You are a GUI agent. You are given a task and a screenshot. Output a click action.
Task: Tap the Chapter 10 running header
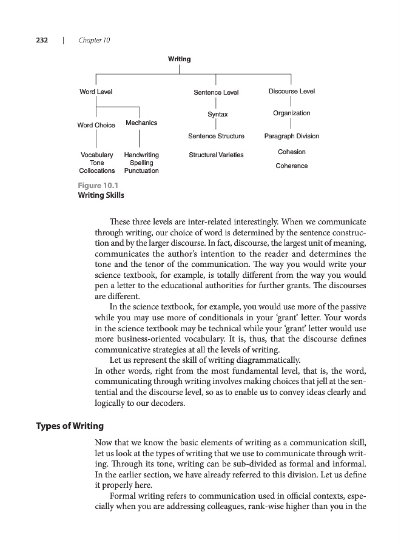(x=94, y=40)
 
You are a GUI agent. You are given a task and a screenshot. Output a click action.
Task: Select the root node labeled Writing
(x=179, y=59)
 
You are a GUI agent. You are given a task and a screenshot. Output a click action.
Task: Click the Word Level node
(x=96, y=92)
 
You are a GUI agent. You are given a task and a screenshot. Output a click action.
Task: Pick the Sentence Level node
(x=216, y=92)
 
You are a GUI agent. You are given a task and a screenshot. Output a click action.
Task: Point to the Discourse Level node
(x=292, y=92)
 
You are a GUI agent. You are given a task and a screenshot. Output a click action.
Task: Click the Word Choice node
(x=96, y=125)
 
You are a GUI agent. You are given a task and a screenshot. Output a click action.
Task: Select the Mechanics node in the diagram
(x=141, y=123)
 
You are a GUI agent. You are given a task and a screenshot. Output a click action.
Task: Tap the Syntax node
(x=217, y=114)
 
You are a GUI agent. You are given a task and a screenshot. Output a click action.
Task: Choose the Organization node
(x=292, y=113)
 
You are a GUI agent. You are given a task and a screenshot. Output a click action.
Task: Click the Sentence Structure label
(x=216, y=136)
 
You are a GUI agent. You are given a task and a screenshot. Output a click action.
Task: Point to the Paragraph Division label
(x=292, y=136)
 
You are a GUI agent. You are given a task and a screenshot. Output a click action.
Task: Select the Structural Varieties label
(x=216, y=155)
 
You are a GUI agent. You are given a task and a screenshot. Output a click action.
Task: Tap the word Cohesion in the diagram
(x=292, y=152)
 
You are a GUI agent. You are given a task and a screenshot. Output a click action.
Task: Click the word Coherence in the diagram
(x=292, y=166)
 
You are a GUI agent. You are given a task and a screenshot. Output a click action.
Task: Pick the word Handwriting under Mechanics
(x=141, y=155)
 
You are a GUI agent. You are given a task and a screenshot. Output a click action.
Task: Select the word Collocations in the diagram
(x=97, y=170)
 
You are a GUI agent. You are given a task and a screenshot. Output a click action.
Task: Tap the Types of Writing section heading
(x=69, y=426)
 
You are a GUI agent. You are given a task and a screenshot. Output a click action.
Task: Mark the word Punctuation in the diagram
(x=141, y=170)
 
